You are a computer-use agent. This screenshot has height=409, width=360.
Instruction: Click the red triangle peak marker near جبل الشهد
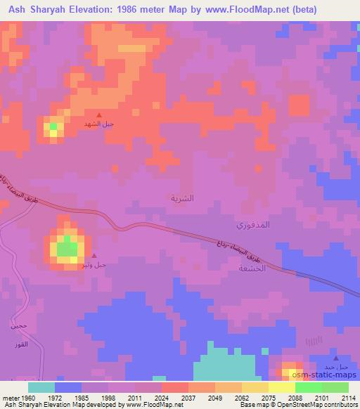(x=98, y=115)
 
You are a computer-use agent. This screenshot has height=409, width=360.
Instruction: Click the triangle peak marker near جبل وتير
(x=94, y=256)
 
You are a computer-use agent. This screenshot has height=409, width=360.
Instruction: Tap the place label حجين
(x=18, y=325)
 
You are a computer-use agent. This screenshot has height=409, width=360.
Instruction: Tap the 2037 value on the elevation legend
(x=188, y=397)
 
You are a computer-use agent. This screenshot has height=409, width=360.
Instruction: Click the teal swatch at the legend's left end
(x=41, y=387)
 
